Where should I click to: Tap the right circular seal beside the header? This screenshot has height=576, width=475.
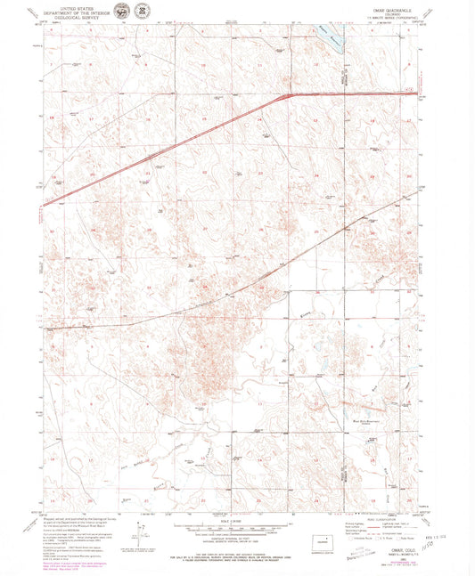tap(141, 11)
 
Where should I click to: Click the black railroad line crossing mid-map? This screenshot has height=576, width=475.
tap(223, 294)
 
